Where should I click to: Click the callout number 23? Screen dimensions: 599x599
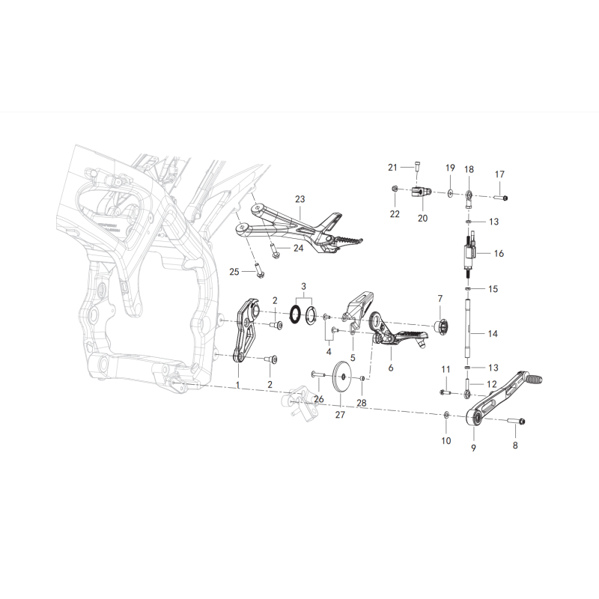coord(300,198)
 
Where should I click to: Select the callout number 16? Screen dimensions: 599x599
coord(499,253)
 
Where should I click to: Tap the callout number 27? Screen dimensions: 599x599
coord(340,415)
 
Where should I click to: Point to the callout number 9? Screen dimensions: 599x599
coord(473,447)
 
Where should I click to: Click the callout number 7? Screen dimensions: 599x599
coord(440,298)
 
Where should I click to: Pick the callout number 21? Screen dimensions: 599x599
coord(392,167)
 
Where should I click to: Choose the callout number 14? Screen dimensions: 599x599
coord(493,333)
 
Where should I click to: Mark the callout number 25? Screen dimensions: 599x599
coord(234,272)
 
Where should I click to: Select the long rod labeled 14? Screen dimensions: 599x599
coord(468,329)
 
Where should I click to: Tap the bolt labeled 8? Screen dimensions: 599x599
coord(517,421)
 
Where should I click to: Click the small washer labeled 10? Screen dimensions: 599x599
coord(446,415)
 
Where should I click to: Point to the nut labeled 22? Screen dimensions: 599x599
coord(395,189)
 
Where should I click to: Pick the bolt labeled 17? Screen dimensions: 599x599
coord(500,198)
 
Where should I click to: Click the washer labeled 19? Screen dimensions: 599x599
coord(451,194)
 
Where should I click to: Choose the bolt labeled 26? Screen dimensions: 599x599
coord(318,375)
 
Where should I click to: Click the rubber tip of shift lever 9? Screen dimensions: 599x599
coord(533,379)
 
